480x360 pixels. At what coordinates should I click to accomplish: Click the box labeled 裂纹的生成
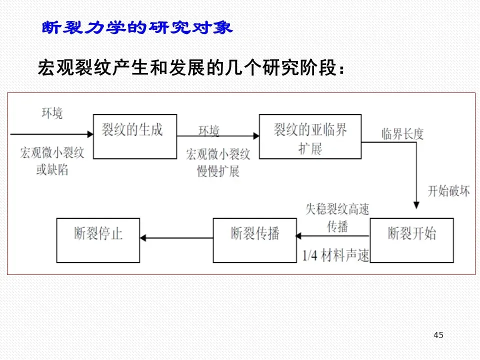tap(135, 136)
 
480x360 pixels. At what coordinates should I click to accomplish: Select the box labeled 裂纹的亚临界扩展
tap(310, 136)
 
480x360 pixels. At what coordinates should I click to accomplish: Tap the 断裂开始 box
tap(411, 240)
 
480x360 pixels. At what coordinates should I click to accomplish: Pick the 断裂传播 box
tap(255, 240)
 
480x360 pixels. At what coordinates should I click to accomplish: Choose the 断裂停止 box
tap(98, 240)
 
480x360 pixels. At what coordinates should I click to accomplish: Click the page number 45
tap(438, 335)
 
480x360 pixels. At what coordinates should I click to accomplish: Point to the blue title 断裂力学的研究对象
tap(137, 28)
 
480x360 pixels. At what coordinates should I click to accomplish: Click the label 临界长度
tap(402, 133)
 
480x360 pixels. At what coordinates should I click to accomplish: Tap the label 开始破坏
tap(448, 191)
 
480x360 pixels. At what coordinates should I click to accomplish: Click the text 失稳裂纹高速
tap(337, 209)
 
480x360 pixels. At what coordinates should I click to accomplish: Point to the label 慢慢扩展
tap(218, 171)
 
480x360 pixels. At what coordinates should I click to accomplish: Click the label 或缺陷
tap(52, 170)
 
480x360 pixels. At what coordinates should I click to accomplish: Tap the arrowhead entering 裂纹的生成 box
tap(90, 134)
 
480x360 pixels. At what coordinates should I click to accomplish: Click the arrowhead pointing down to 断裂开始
tap(415, 204)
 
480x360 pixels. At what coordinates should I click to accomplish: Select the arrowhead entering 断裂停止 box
tap(143, 238)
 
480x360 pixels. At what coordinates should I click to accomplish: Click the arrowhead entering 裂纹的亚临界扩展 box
tap(256, 135)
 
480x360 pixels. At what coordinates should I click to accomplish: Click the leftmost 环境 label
tap(52, 113)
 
